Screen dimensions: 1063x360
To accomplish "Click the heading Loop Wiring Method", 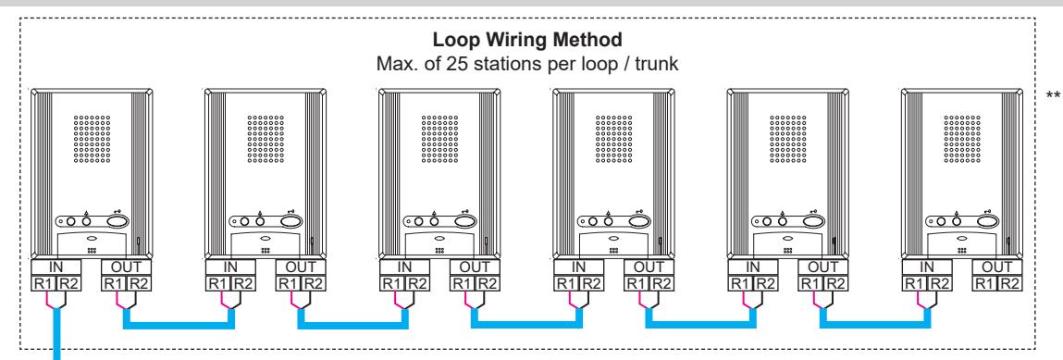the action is pyautogui.click(x=527, y=40).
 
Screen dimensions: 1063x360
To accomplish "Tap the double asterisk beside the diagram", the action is pyautogui.click(x=1053, y=97).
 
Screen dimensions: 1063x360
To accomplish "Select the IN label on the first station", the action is pyautogui.click(x=56, y=267).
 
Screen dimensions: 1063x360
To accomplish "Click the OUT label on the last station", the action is pyautogui.click(x=996, y=267).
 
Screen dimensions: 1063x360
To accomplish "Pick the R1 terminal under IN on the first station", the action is pyautogui.click(x=43, y=283).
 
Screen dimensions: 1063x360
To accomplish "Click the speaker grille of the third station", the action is pyautogui.click(x=439, y=138).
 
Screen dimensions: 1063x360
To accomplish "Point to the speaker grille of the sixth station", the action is pyautogui.click(x=961, y=138).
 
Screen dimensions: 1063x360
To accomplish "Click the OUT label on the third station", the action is pyautogui.click(x=475, y=267).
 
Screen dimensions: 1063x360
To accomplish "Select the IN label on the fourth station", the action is pyautogui.click(x=578, y=267).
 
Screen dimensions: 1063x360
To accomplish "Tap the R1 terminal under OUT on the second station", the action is pyautogui.click(x=288, y=283).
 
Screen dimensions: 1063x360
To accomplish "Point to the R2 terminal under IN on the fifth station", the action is pyautogui.click(x=765, y=283).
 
